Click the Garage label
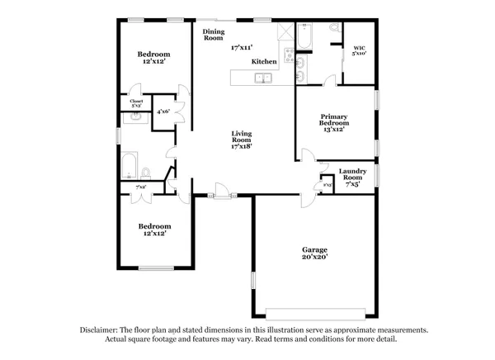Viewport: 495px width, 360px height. click(x=314, y=249)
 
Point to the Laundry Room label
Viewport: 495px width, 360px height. click(x=352, y=175)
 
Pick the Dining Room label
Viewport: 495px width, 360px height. click(x=213, y=35)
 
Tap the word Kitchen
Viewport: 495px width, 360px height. click(x=264, y=62)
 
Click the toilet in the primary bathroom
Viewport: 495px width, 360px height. click(x=334, y=28)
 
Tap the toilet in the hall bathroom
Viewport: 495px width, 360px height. click(x=145, y=173)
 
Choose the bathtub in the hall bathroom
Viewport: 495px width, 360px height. click(x=129, y=166)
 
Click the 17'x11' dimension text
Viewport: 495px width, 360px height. click(x=242, y=47)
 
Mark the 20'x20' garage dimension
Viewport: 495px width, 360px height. click(x=314, y=258)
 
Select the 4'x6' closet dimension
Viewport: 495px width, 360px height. click(x=163, y=111)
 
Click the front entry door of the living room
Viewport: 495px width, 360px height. click(x=221, y=196)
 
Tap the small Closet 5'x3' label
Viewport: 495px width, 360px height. click(x=136, y=103)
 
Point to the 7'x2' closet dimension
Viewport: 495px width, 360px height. click(x=141, y=187)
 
